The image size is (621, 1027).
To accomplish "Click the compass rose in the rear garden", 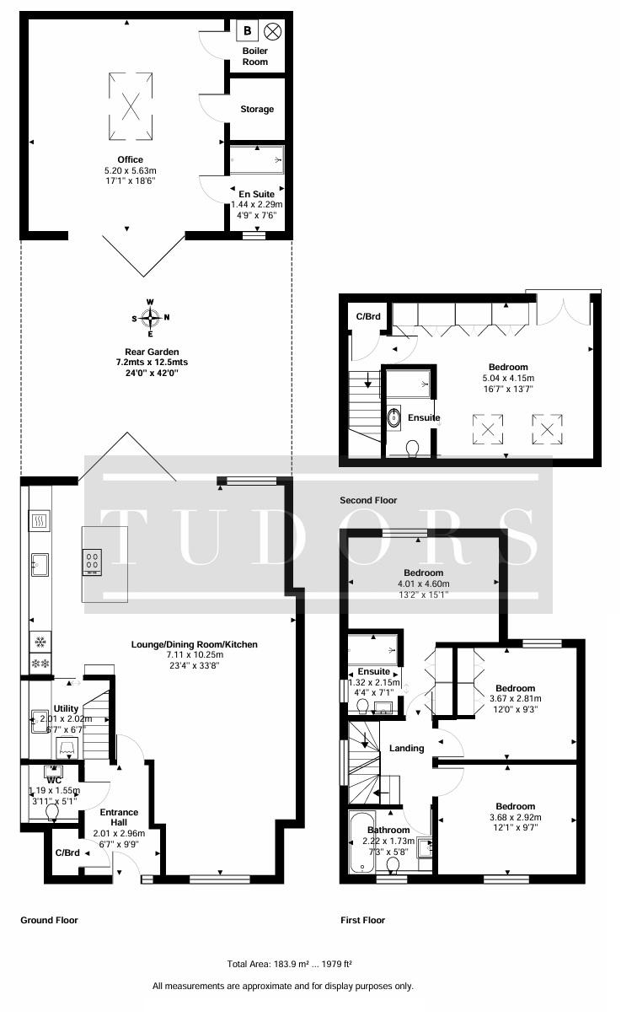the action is [x=150, y=317].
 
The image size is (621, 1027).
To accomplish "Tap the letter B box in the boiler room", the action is [x=248, y=30].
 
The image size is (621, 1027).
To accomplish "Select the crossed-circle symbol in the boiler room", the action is [x=273, y=31].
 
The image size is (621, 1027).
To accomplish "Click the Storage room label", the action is [x=257, y=109].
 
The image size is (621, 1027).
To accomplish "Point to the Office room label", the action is [x=130, y=159].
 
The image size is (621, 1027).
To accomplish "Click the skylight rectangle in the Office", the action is [x=131, y=106].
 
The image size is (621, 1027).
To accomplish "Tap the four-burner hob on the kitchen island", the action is [x=92, y=562].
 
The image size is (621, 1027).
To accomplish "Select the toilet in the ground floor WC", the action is [x=52, y=813].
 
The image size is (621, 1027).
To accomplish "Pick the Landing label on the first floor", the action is [x=406, y=748].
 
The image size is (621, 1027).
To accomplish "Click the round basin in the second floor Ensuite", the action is [x=393, y=418].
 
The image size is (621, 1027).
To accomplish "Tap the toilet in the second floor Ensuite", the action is [x=413, y=449].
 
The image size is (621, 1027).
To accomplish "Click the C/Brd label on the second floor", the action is [x=368, y=316].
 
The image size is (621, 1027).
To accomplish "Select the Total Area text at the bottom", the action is [x=289, y=965].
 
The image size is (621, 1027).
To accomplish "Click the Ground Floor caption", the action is [x=49, y=920].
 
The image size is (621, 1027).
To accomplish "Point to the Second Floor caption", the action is [x=368, y=500].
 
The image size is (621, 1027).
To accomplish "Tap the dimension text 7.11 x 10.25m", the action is [x=195, y=654].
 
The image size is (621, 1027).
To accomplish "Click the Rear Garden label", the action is [x=152, y=352].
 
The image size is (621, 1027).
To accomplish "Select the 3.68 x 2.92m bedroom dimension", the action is [x=515, y=817].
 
